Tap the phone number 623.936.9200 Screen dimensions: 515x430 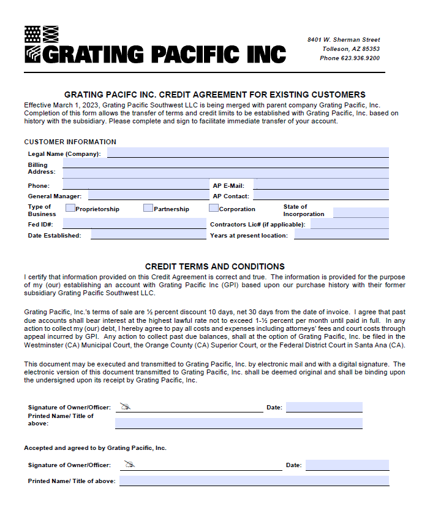[358, 58]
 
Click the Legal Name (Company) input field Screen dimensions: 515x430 [247, 153]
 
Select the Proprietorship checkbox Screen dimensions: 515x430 [70, 208]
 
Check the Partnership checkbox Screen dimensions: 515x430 [148, 208]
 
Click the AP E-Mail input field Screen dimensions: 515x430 [321, 184]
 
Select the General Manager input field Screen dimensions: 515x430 [148, 195]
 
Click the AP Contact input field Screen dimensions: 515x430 [320, 195]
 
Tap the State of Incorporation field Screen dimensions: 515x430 [360, 212]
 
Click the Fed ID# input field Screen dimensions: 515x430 [134, 224]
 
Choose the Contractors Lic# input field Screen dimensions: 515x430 [349, 224]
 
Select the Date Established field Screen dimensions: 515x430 [148, 234]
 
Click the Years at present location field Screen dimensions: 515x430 [341, 234]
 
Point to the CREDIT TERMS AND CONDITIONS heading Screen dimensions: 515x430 [214, 266]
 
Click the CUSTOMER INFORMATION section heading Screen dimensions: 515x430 [70, 142]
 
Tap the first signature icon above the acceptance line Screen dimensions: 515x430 [126, 406]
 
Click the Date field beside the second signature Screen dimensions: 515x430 [347, 465]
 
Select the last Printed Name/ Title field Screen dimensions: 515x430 [254, 481]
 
